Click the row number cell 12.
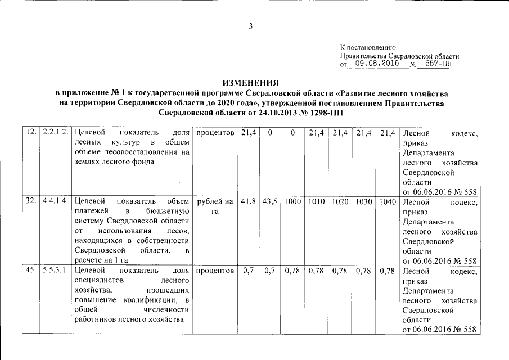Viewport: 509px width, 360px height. [31, 133]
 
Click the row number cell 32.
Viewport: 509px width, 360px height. [31, 201]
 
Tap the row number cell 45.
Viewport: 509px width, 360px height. [31, 271]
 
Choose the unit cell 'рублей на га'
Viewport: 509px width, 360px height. [214, 206]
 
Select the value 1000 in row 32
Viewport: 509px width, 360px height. [292, 201]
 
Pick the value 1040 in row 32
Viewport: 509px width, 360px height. [386, 201]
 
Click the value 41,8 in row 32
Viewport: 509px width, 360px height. [247, 201]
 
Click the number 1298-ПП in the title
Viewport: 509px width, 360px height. [322, 113]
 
